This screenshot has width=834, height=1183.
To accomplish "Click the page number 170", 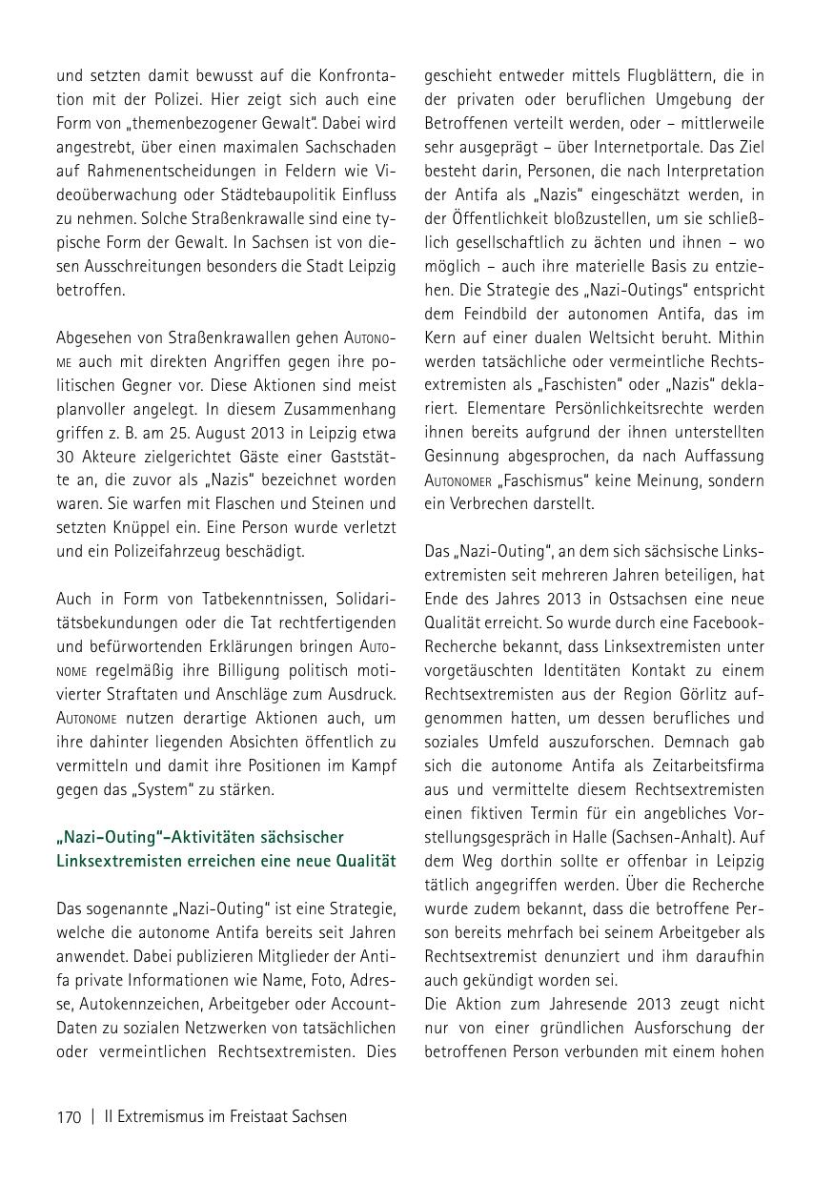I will tap(69, 1117).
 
